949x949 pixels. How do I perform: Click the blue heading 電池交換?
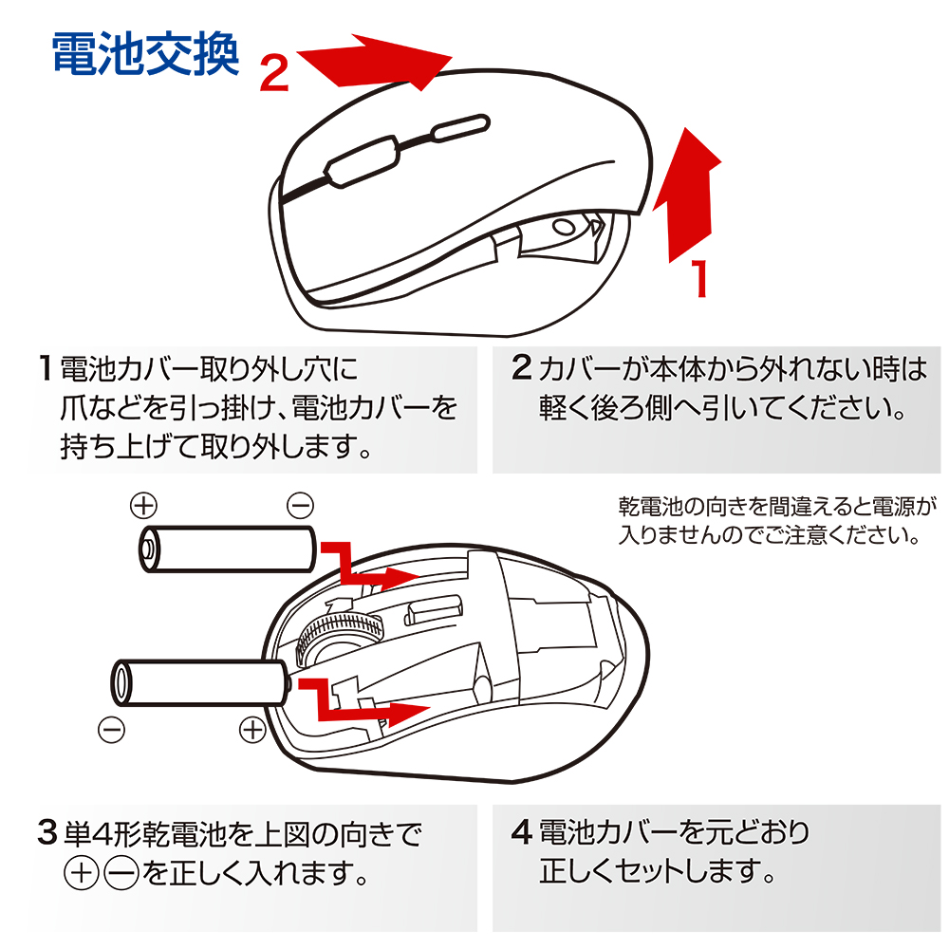(143, 55)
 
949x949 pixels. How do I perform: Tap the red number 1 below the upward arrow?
(700, 279)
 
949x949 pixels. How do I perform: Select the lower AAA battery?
(199, 681)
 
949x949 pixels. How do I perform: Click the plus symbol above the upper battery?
(143, 504)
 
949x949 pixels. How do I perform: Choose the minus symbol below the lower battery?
(111, 730)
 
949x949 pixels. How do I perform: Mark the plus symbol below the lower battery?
(252, 730)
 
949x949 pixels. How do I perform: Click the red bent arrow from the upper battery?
(365, 565)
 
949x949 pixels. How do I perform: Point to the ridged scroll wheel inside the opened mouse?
(339, 635)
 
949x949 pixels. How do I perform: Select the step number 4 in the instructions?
(521, 833)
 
